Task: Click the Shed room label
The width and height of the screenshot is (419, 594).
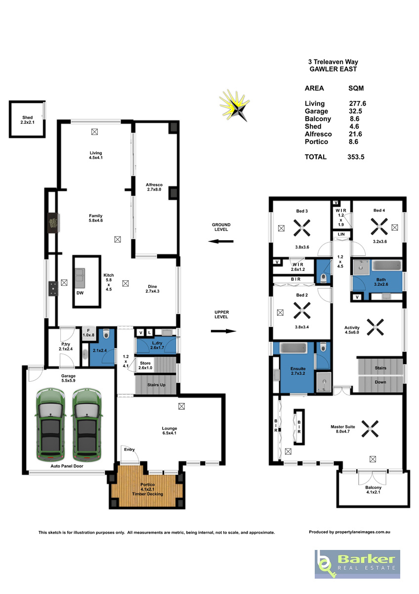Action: click(28, 120)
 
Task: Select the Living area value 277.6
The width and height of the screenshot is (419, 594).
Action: click(357, 103)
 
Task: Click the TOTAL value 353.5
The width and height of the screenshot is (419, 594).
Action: click(356, 157)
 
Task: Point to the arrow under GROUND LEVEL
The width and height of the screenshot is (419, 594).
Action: click(221, 242)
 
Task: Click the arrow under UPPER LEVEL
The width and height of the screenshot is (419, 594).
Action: click(223, 331)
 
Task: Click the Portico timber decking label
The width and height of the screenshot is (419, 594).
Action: click(147, 489)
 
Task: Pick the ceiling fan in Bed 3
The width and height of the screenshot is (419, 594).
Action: click(302, 228)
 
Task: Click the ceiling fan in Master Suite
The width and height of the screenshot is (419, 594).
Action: click(370, 428)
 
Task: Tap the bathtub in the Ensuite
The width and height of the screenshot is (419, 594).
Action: click(293, 347)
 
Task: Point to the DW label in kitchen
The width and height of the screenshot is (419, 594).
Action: click(80, 293)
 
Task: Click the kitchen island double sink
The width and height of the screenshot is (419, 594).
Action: click(80, 278)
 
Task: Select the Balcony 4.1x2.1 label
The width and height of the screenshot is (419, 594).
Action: click(373, 490)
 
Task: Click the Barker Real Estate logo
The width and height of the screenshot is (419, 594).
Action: click(357, 564)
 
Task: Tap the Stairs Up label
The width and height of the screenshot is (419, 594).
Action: click(156, 385)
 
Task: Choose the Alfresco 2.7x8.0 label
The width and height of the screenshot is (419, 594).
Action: click(154, 187)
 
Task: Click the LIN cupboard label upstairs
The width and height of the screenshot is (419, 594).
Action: click(341, 234)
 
